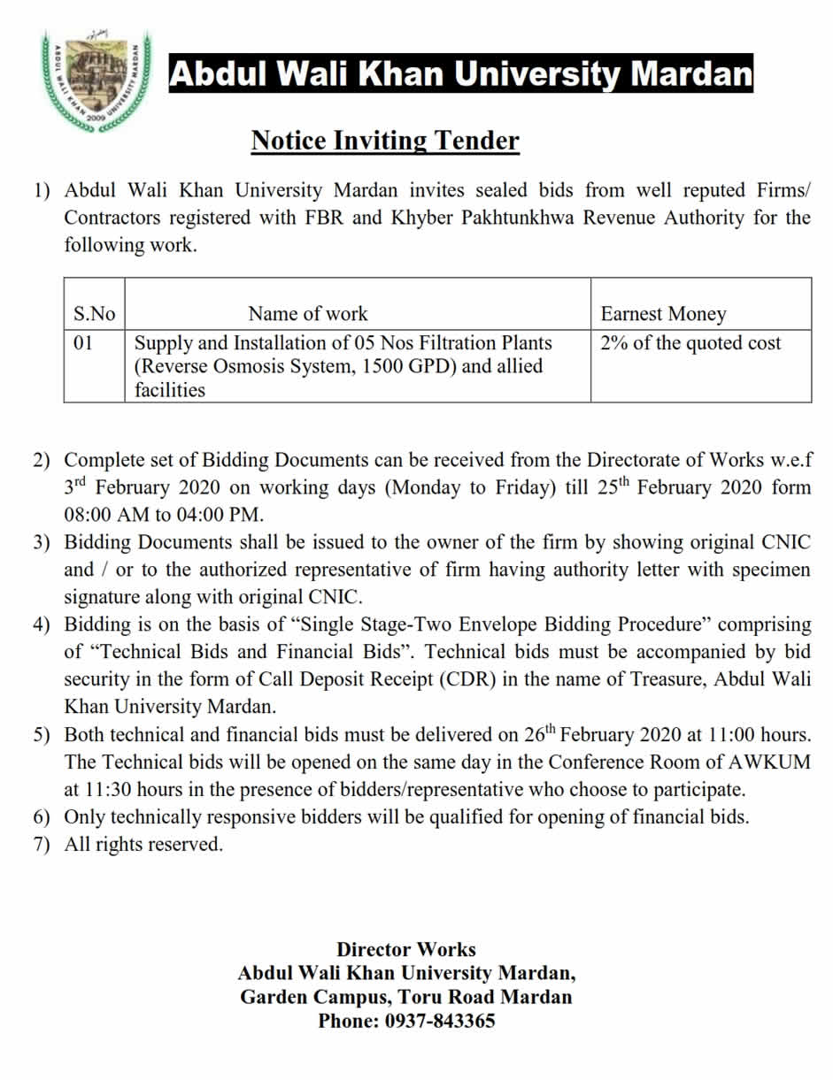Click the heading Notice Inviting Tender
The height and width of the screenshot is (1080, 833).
[x=385, y=141]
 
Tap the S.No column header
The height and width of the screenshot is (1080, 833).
[x=94, y=314]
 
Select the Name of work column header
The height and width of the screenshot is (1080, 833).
[x=307, y=314]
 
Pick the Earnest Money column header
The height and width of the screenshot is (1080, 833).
[x=663, y=314]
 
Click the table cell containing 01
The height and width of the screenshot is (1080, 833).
[x=83, y=343]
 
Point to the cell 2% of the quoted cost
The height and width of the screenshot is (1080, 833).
[x=690, y=343]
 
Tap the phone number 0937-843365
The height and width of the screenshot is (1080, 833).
[x=440, y=1021]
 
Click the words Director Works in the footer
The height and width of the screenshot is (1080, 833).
[x=406, y=950]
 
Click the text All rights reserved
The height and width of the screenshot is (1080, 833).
[x=143, y=845]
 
